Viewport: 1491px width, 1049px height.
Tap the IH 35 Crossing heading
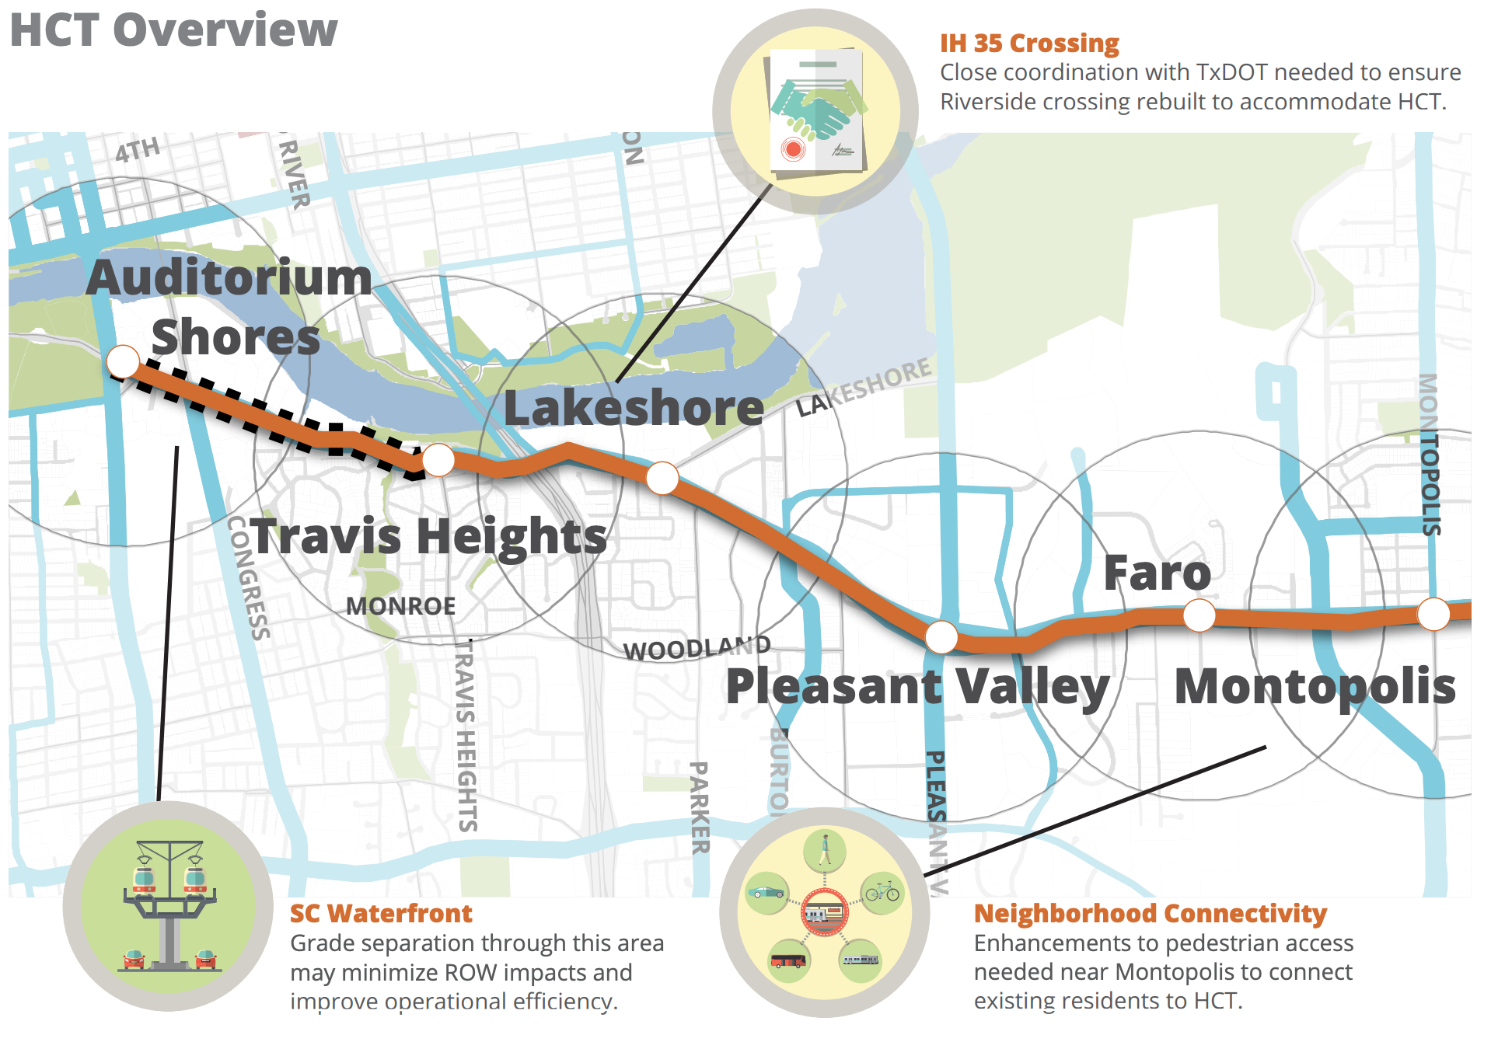pyautogui.click(x=1028, y=43)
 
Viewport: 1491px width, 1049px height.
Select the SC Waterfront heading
pyautogui.click(x=380, y=913)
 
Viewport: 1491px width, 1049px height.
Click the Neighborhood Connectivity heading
pyautogui.click(x=1150, y=913)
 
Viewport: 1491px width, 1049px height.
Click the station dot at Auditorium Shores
pyautogui.click(x=123, y=361)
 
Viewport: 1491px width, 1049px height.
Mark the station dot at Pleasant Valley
pyautogui.click(x=941, y=637)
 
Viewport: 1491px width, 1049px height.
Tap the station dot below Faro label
pyautogui.click(x=1199, y=615)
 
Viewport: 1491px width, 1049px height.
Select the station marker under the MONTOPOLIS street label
pyautogui.click(x=1433, y=614)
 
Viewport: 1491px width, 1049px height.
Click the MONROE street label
pyautogui.click(x=400, y=606)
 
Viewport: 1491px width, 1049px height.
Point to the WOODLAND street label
pyautogui.click(x=697, y=647)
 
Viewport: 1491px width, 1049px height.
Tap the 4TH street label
pyautogui.click(x=138, y=149)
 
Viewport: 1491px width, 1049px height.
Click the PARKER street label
pyautogui.click(x=700, y=808)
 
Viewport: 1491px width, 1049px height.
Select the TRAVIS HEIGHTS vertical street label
pyautogui.click(x=466, y=734)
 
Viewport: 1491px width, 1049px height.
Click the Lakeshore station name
pyautogui.click(x=634, y=407)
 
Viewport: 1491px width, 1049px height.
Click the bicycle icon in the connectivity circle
pyautogui.click(x=882, y=893)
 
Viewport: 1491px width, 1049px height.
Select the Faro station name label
pyautogui.click(x=1157, y=573)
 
